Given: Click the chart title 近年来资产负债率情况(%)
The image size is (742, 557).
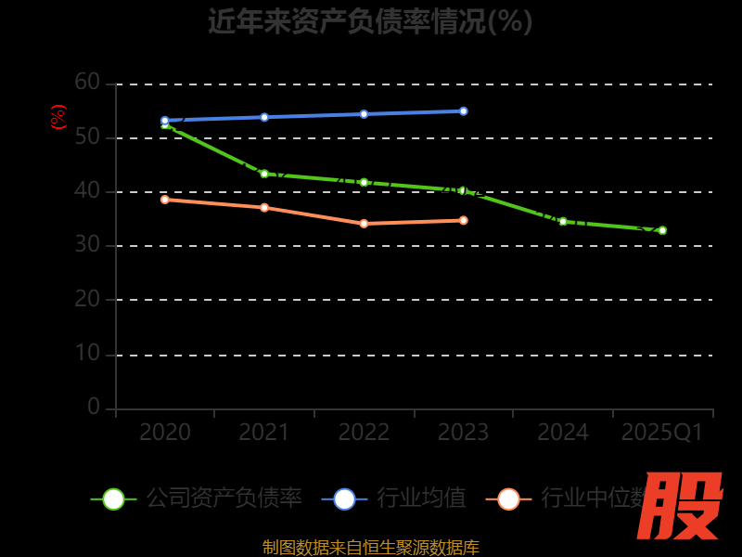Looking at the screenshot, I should (x=370, y=20).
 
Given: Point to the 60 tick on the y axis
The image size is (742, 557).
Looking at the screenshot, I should (x=87, y=83).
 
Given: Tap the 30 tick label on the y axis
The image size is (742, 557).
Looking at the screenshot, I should (x=87, y=245).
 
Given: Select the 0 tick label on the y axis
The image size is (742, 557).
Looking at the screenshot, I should (x=94, y=407).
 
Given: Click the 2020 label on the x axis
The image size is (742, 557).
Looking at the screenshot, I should (x=165, y=433).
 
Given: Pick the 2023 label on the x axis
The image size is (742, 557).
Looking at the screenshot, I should (x=463, y=433).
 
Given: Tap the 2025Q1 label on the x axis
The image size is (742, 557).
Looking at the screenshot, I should (x=662, y=433).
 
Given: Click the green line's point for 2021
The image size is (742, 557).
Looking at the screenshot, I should (x=264, y=174).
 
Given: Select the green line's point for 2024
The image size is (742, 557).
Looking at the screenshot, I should (x=563, y=221).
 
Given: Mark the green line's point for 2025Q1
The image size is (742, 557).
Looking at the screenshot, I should (x=662, y=230).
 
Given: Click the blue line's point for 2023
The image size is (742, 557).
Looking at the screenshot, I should (x=463, y=111).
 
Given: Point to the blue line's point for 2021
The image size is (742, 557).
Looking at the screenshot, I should (x=264, y=117).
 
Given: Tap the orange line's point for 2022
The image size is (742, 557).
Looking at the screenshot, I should (x=364, y=224).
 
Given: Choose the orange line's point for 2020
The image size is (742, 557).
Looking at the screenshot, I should (x=165, y=200).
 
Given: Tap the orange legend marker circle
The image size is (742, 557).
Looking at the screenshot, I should (x=508, y=499).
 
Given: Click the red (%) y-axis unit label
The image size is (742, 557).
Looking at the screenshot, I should (x=58, y=117).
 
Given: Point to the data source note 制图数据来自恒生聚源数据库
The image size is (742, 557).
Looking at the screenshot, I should (x=371, y=547).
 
